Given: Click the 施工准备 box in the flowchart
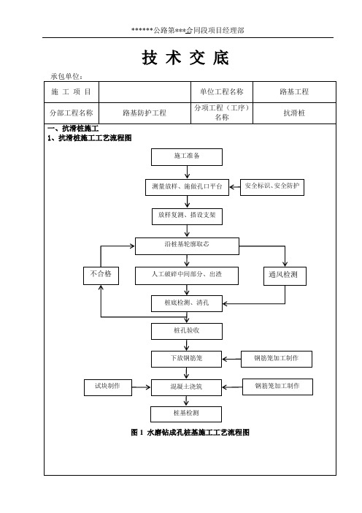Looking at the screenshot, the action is pos(187,157).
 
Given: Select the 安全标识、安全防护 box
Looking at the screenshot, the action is pos(272,187).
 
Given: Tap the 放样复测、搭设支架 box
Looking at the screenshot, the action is pos(187,216).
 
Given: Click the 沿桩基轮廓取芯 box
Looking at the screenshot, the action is pos(187,246).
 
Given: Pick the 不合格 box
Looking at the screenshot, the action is pos(101,275).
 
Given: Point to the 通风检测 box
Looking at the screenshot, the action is pos(285,276).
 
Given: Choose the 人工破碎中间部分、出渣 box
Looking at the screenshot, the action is pos(187,275).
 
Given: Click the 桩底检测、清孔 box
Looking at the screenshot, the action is pos(187,303).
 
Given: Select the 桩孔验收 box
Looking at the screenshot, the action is pos(187,332).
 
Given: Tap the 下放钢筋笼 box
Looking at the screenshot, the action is pos(186,359).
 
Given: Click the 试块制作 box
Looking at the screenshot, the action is pos(108,387).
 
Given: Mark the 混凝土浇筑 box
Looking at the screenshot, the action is pos(186,388).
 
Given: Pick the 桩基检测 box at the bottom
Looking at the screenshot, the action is pos(186,414).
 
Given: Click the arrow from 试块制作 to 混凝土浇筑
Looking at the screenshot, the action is pos(141,387).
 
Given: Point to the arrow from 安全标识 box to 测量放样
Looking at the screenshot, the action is pos(234,187).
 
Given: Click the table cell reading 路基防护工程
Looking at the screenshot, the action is pos(145,113).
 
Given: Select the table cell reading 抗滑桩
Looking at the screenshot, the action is pos(294,113).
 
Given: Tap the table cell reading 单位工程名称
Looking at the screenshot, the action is pos(222,92).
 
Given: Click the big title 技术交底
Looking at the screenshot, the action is pos(185,58).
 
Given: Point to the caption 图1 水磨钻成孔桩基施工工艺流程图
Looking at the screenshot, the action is pos(190,433).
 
